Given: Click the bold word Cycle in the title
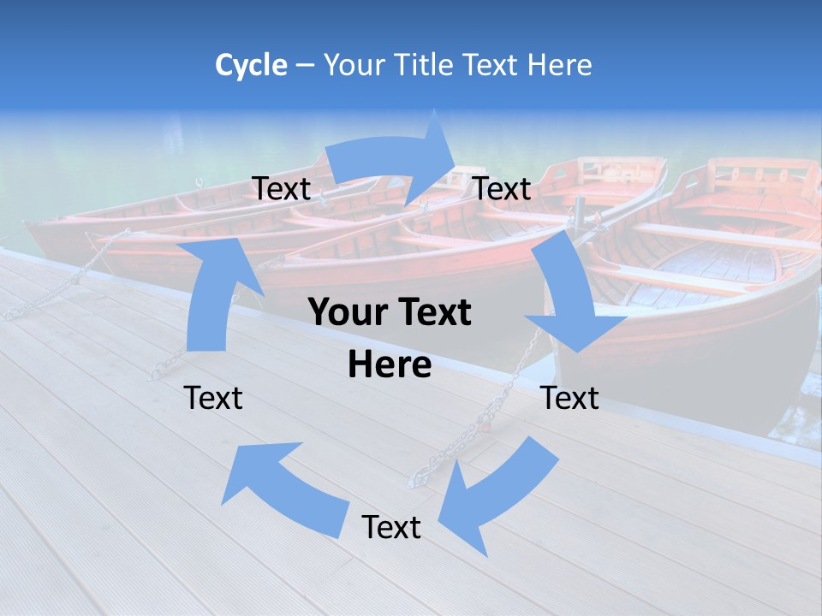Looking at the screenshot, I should tap(251, 65).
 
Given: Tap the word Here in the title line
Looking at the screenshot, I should tap(560, 65).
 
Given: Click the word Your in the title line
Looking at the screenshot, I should tap(354, 65).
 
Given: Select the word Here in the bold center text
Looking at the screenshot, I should tap(390, 365).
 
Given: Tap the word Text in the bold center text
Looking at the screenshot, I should tap(434, 313).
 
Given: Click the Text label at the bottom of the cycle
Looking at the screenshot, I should tap(391, 528).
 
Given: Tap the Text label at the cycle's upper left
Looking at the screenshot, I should tap(281, 189).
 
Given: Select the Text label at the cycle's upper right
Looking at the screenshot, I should tap(502, 189).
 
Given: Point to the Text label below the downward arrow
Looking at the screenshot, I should tap(570, 398).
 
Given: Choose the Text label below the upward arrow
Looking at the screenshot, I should tap(214, 398).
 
